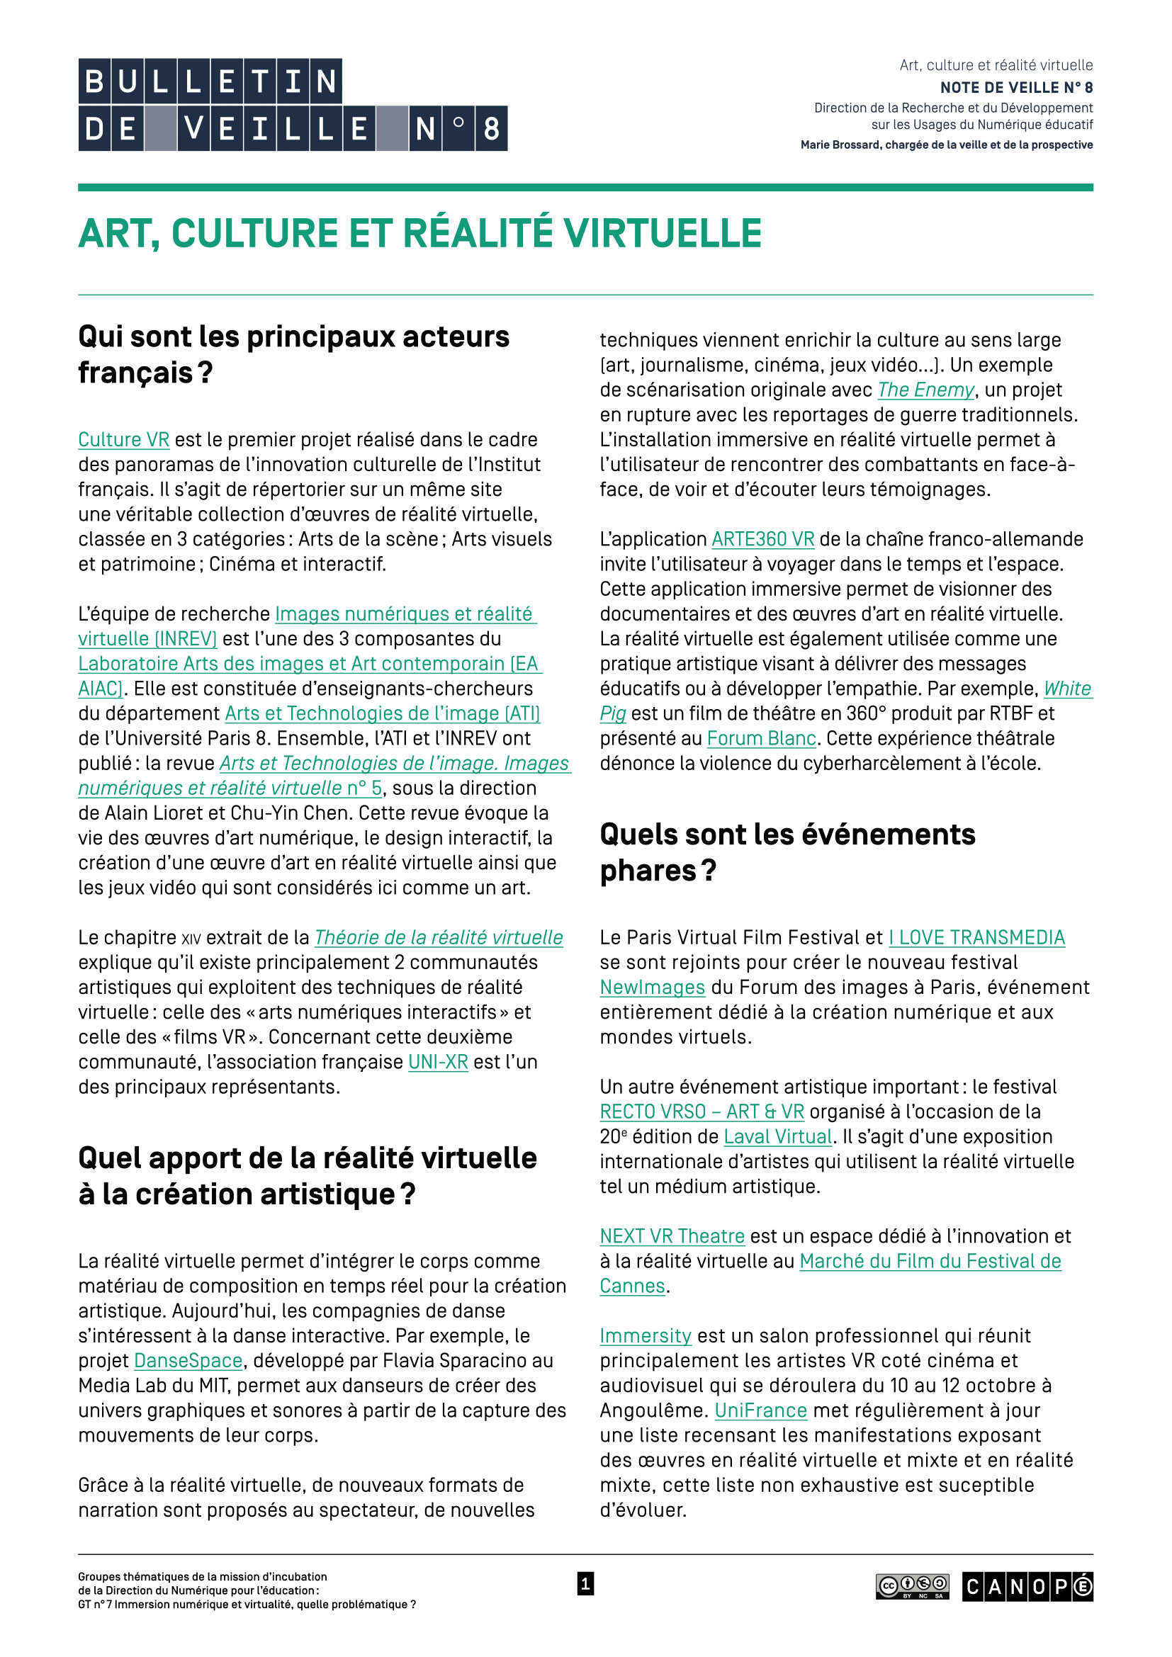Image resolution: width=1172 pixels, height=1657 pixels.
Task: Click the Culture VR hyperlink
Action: [123, 439]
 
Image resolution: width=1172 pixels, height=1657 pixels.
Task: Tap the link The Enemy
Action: [926, 390]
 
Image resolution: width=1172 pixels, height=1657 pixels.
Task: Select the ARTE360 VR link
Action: [763, 539]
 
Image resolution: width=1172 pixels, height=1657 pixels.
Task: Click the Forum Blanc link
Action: [761, 738]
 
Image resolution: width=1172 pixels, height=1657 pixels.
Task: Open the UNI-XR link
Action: [438, 1062]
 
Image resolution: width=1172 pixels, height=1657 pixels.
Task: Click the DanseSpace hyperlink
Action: [188, 1360]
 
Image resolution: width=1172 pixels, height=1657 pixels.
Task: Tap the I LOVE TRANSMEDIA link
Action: [976, 937]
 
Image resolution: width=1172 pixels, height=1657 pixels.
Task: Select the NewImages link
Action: [653, 988]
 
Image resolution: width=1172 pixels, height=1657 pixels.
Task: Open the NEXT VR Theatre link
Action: [672, 1236]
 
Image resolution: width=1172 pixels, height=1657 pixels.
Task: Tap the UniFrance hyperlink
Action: [760, 1410]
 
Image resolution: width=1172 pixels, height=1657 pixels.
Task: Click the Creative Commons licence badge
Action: [912, 1586]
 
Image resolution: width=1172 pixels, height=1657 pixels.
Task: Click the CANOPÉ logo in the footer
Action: [1027, 1586]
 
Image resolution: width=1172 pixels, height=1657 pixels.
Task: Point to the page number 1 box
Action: [585, 1584]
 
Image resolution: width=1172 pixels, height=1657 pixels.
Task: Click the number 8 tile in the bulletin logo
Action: [492, 129]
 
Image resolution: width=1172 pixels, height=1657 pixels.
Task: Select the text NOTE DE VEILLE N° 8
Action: [1016, 87]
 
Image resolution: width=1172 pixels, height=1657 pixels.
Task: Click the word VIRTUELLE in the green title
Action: [663, 233]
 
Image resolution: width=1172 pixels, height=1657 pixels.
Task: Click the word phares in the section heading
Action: [648, 871]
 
